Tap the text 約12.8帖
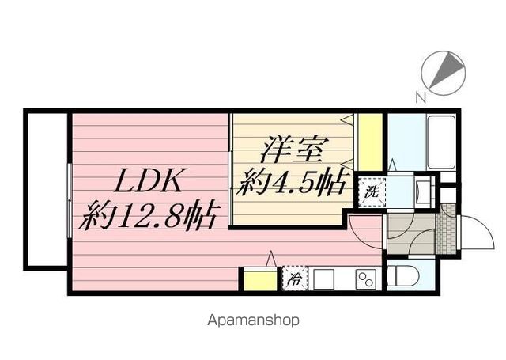(150, 215)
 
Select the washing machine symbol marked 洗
(369, 191)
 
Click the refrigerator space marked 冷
(294, 279)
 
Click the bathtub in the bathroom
(440, 142)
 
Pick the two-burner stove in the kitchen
(365, 279)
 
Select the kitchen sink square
(323, 279)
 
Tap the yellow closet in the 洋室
(370, 142)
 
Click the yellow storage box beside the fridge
(258, 280)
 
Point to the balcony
(45, 189)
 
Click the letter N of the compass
(421, 97)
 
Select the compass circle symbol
(444, 70)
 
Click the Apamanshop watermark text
(253, 321)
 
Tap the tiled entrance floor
(447, 229)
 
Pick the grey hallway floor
(410, 234)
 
